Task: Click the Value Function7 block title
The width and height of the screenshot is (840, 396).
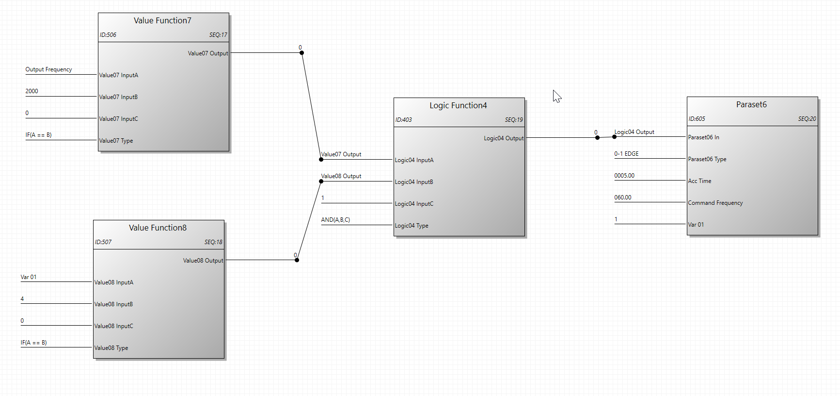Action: click(x=162, y=20)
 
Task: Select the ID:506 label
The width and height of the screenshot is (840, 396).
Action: click(x=108, y=35)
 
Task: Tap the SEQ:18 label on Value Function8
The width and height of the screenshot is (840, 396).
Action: click(x=213, y=242)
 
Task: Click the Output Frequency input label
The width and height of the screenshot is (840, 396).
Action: click(x=48, y=69)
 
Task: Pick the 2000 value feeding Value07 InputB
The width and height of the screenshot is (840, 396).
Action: click(x=32, y=91)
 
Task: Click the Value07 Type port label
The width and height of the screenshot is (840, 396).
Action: click(x=116, y=141)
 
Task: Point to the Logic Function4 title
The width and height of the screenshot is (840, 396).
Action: click(x=458, y=105)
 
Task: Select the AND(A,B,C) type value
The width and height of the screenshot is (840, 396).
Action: click(x=335, y=220)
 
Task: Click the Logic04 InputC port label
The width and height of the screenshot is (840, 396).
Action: click(x=414, y=204)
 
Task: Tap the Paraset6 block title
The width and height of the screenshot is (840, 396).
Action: click(x=751, y=104)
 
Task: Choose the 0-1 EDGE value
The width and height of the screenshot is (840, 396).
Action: click(x=626, y=154)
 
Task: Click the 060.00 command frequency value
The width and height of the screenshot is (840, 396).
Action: click(x=623, y=198)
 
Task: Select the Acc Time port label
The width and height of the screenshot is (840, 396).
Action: click(x=699, y=181)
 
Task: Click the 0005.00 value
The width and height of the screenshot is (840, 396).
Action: click(x=624, y=176)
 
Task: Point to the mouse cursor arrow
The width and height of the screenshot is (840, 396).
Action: click(x=556, y=96)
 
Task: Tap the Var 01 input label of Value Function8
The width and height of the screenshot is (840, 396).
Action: click(x=29, y=277)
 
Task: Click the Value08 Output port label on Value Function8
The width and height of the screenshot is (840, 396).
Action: click(x=203, y=261)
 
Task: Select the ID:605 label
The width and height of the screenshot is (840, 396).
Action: click(x=697, y=119)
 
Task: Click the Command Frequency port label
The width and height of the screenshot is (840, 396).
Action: click(x=715, y=203)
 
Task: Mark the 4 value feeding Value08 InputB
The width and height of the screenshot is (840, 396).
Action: click(x=22, y=299)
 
